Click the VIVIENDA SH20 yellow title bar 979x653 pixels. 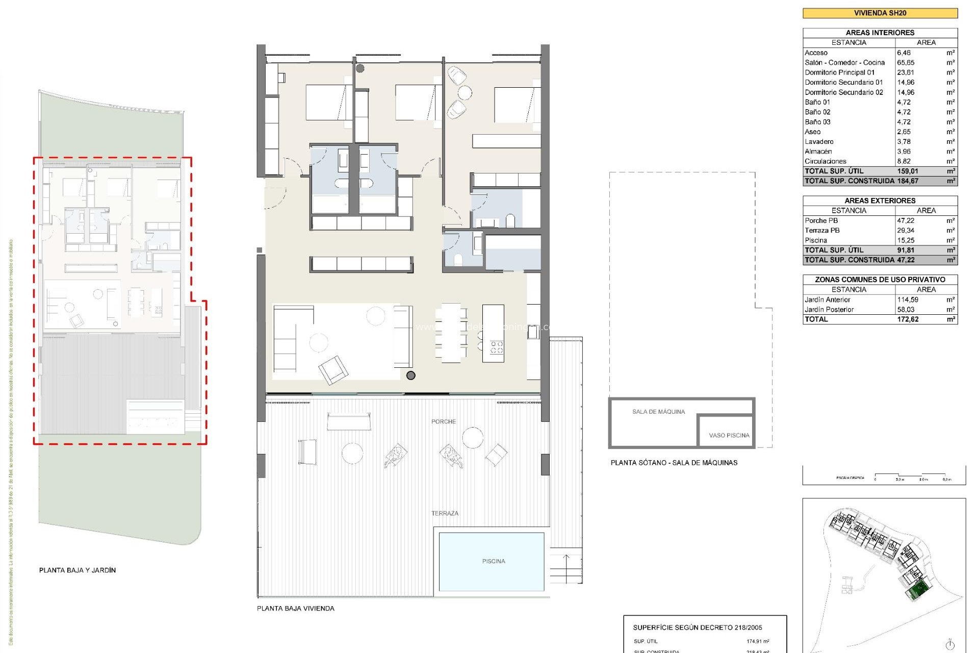click(880, 13)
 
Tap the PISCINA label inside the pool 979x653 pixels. click(493, 561)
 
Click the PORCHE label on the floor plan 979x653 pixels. click(443, 421)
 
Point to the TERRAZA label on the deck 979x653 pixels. click(445, 513)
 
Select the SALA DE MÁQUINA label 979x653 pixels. click(658, 412)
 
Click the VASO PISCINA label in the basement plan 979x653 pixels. click(729, 435)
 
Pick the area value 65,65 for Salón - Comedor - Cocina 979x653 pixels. click(906, 63)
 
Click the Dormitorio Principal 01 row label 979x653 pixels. click(839, 72)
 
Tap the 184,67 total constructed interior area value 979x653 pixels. click(908, 181)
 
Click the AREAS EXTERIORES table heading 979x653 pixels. click(880, 200)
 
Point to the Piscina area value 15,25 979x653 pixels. click(906, 240)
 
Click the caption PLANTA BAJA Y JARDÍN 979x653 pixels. click(78, 570)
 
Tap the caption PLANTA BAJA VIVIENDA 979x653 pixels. click(296, 609)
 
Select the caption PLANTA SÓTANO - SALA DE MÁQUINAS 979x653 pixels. click(674, 463)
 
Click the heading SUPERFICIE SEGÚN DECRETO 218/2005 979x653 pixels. click(697, 627)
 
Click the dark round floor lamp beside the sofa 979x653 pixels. click(411, 375)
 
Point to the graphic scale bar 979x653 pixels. click(913, 476)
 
